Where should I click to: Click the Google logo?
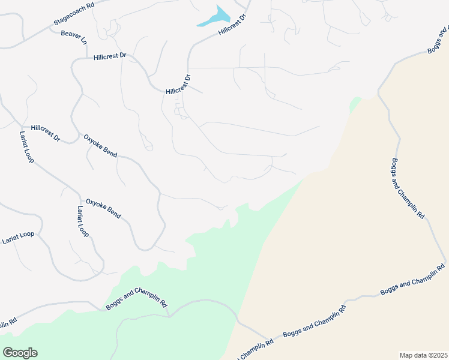click(20, 353)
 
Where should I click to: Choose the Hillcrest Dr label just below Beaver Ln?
click(110, 56)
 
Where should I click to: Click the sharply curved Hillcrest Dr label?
click(178, 85)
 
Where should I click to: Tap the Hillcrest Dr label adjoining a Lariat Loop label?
click(46, 133)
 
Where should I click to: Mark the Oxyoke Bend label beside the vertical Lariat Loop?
click(103, 208)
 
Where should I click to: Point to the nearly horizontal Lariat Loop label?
click(18, 238)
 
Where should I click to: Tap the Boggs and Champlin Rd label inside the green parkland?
click(136, 297)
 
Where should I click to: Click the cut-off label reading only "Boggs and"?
click(438, 40)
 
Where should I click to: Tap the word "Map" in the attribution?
click(407, 355)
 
